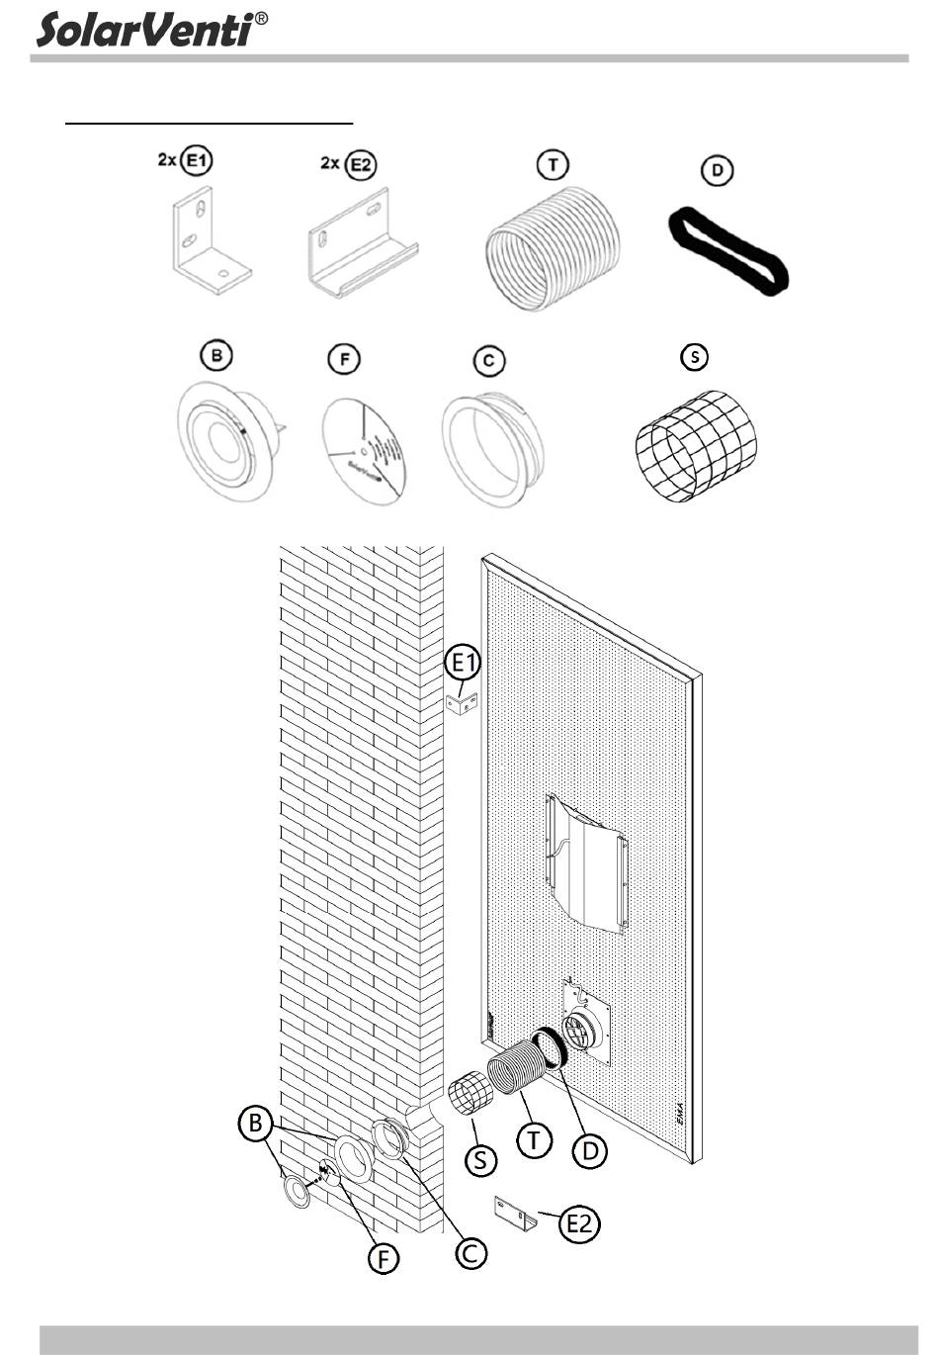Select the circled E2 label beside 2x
coord(362,164)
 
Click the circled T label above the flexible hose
coord(552,164)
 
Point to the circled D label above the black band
coord(718,170)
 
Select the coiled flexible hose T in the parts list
coord(553,247)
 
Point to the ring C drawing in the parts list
coord(491,449)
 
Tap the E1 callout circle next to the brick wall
coord(464,663)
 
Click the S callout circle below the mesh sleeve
coord(480,1158)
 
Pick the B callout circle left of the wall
coord(256,1125)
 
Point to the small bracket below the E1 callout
coord(462,703)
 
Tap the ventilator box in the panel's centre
coord(586,860)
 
